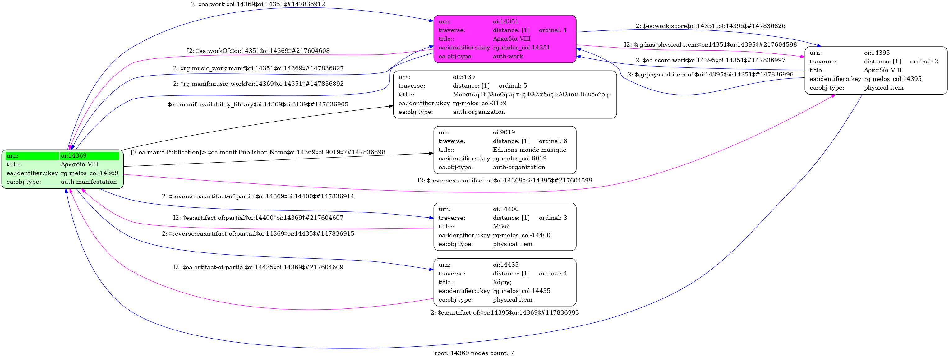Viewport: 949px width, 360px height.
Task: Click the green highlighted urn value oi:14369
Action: pos(74,156)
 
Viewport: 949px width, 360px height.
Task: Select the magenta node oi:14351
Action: pos(505,39)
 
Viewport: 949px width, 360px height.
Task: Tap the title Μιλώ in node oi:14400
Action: pos(501,227)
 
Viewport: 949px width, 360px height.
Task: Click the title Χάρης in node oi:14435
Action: pos(502,282)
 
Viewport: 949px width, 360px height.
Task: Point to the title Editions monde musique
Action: pos(529,150)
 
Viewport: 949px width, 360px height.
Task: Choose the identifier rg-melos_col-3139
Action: pos(479,103)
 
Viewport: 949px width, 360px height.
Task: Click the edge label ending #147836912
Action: pos(258,4)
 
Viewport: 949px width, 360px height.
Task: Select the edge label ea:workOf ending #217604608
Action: pos(258,51)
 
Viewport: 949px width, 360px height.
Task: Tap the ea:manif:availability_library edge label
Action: pos(258,104)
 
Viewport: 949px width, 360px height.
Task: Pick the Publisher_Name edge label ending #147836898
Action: pos(258,152)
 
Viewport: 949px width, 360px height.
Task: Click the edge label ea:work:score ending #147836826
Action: pos(710,26)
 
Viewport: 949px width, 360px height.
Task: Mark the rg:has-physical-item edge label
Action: pos(710,44)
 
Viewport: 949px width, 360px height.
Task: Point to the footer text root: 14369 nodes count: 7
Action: pos(474,353)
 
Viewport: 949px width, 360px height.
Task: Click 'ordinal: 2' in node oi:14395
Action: pos(924,62)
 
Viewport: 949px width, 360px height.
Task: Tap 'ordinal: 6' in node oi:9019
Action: pos(553,141)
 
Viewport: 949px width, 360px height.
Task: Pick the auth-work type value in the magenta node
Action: pos(508,56)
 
